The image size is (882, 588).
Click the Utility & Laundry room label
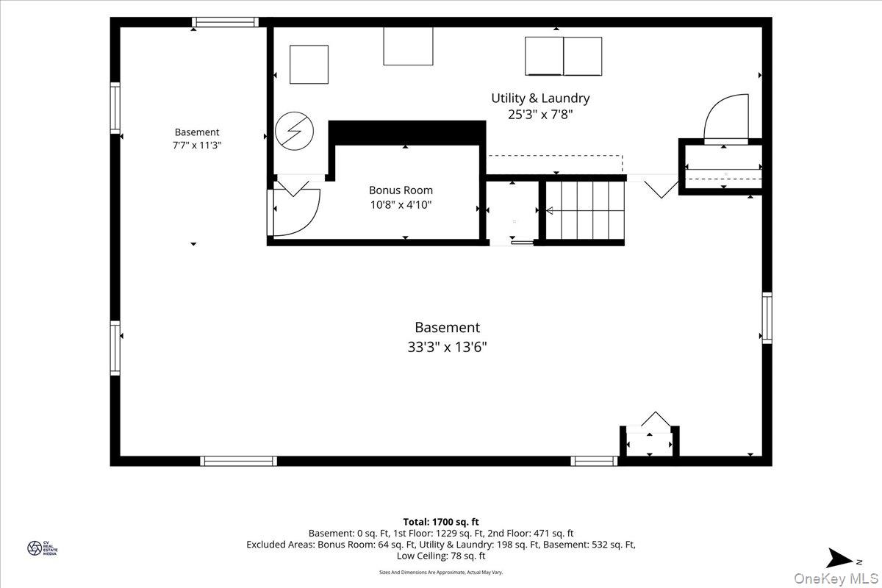point(540,98)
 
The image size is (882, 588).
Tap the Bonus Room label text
point(401,190)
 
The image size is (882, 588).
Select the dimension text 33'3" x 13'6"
point(447,347)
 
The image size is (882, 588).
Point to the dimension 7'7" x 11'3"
point(197,146)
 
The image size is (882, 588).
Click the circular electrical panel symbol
point(294,131)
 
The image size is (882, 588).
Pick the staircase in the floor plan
point(585,210)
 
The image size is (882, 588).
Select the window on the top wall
point(225,22)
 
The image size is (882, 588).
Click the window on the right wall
point(767,318)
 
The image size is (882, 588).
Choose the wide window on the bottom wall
point(238,461)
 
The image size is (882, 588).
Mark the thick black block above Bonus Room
point(407,133)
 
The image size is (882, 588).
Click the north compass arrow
point(841,558)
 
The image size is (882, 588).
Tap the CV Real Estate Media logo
point(42,548)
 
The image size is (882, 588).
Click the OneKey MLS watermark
point(836,578)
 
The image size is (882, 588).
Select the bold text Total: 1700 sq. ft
point(441,522)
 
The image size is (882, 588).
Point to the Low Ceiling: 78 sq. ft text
point(441,556)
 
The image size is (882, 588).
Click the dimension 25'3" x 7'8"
point(540,115)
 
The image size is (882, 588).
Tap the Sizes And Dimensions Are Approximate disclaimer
point(441,573)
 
